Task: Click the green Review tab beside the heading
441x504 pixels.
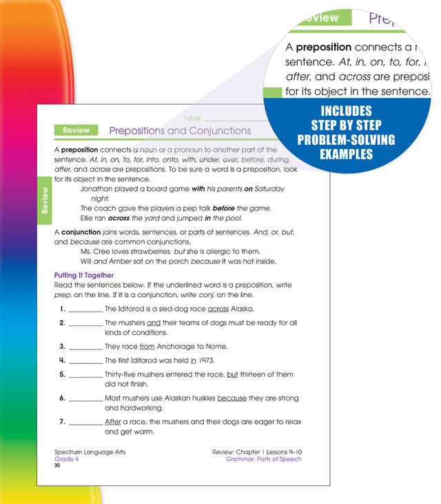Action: click(x=76, y=130)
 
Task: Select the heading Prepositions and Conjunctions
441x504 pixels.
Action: click(x=180, y=130)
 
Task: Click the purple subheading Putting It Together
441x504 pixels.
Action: click(x=85, y=275)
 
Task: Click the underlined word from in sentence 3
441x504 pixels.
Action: click(x=147, y=346)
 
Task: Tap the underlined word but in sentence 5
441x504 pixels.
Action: click(x=232, y=374)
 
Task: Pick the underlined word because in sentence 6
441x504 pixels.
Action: click(x=232, y=398)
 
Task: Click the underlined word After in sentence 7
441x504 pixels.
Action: click(x=112, y=422)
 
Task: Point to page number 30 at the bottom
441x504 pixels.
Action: click(x=58, y=465)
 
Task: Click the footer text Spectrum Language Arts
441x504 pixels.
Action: click(x=90, y=452)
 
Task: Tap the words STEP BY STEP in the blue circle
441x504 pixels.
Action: click(x=346, y=125)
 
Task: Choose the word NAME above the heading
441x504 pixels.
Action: click(x=194, y=119)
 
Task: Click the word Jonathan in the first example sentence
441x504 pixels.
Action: click(x=99, y=188)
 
